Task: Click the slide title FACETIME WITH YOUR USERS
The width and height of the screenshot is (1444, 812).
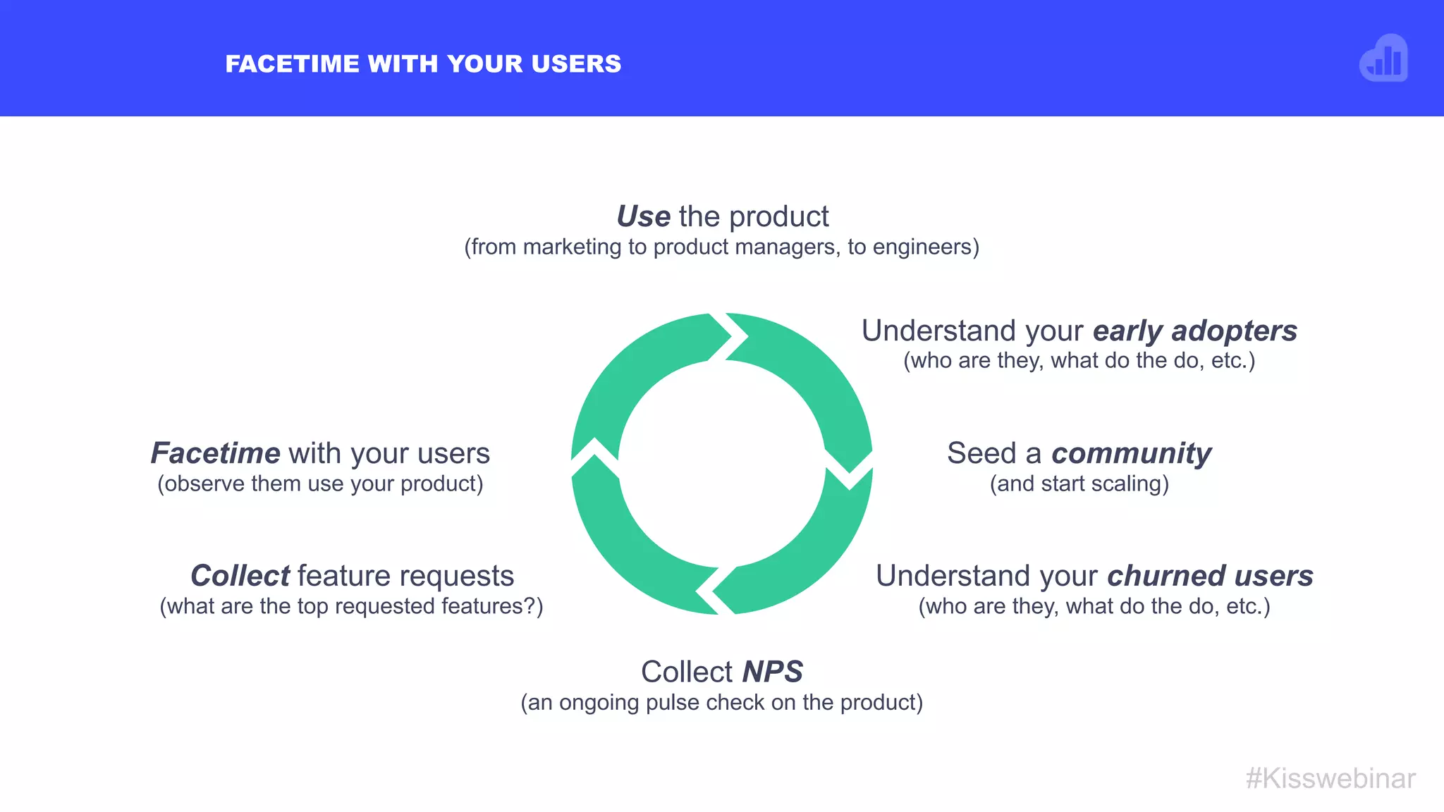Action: tap(423, 64)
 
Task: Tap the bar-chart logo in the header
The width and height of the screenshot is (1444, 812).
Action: tap(1383, 59)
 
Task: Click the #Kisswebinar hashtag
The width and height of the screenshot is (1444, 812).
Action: tap(1330, 778)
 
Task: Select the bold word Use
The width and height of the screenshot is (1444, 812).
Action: tap(643, 216)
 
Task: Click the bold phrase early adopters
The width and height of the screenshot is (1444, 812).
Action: tap(1195, 331)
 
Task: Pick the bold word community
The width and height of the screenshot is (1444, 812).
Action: tap(1131, 453)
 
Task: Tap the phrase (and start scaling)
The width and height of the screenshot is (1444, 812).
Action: tap(1079, 484)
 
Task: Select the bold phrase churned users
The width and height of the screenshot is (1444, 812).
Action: tap(1210, 576)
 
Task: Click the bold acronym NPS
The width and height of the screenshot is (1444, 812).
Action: tap(773, 672)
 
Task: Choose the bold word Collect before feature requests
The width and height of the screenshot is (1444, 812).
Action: tap(240, 576)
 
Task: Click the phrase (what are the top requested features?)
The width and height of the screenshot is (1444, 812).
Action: tap(351, 607)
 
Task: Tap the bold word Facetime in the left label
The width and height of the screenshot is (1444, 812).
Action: tap(216, 453)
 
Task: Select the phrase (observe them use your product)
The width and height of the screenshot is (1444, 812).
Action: tap(320, 484)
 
